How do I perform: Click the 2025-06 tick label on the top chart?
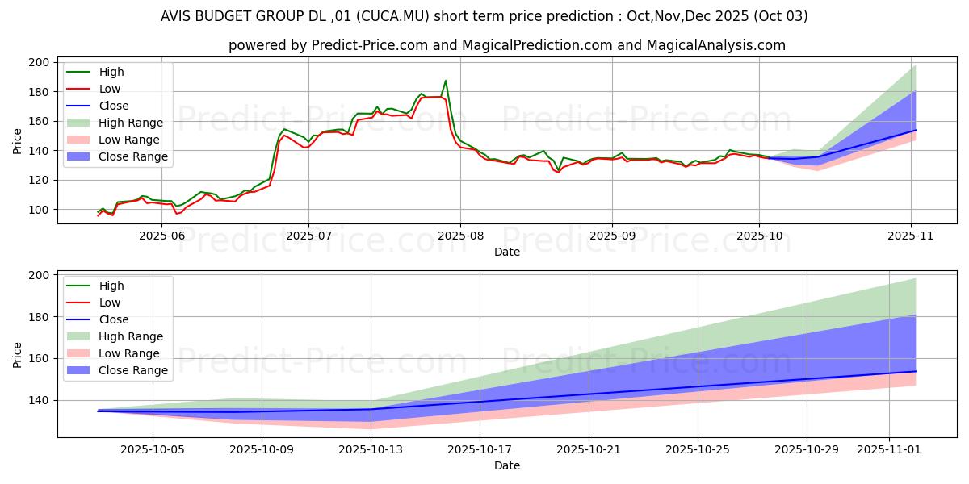(x=161, y=236)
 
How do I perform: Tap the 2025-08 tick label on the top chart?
(x=460, y=236)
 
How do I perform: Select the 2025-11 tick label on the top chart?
(x=912, y=236)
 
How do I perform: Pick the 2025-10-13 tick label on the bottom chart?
(x=371, y=449)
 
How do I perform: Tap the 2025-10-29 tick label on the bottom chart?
(x=807, y=449)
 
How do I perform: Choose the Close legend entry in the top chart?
(x=114, y=106)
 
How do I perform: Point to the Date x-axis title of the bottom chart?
(x=506, y=465)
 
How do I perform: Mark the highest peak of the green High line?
(x=446, y=81)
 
